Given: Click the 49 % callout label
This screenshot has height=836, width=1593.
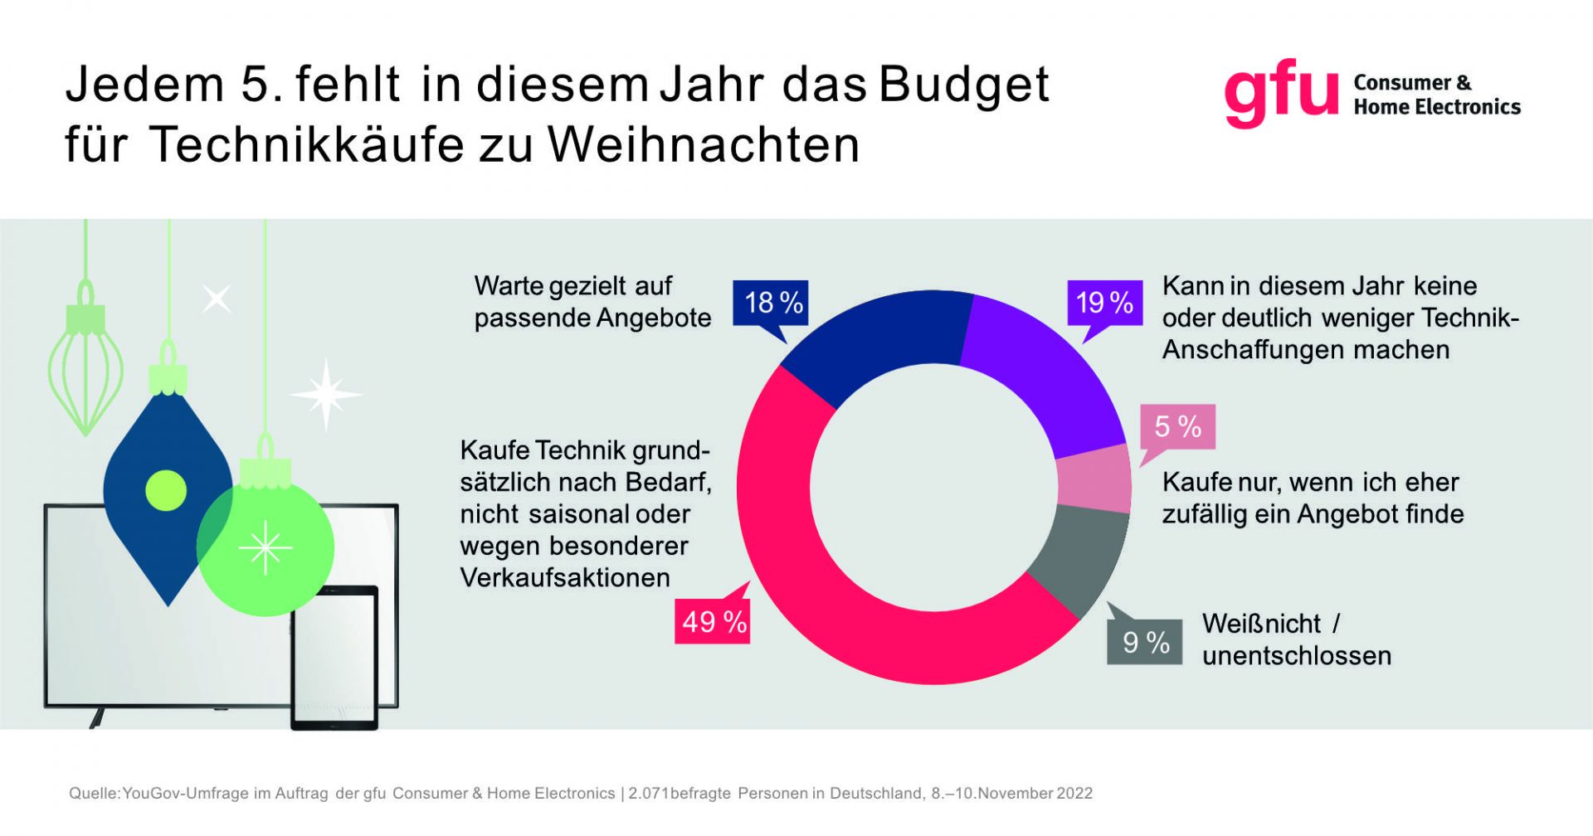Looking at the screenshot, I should [x=713, y=621].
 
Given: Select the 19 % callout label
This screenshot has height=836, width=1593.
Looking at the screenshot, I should [x=1103, y=303].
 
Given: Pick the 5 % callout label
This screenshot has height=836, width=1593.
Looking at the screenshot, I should [x=1177, y=426].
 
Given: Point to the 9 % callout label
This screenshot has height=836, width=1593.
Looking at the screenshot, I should [x=1145, y=642].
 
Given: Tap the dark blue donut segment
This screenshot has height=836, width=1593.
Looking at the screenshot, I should [x=879, y=340].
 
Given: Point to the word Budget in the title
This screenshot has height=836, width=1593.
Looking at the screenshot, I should [x=964, y=85].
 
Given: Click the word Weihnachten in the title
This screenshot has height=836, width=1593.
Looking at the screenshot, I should [x=704, y=145].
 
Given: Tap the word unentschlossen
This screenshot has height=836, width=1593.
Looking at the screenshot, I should [x=1296, y=655].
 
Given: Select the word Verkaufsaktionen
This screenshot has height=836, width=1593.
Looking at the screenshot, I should [x=565, y=577].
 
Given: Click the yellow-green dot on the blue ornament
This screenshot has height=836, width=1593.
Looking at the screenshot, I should [x=166, y=489].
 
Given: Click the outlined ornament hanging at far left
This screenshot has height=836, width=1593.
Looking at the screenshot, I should [x=85, y=365].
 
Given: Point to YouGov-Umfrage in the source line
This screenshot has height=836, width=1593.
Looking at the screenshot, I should [x=186, y=793].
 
